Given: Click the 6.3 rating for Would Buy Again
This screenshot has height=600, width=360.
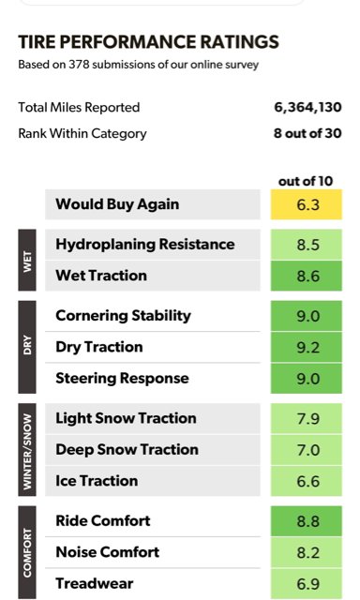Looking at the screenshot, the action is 307,204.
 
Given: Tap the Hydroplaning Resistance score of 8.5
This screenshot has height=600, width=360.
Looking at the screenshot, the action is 307,245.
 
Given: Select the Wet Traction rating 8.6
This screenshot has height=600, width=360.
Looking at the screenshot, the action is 307,277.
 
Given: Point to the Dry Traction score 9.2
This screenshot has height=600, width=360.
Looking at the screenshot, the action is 307,348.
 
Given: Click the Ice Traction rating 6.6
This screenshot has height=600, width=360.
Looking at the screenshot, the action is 307,481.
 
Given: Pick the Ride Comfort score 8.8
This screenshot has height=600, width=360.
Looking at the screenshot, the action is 307,521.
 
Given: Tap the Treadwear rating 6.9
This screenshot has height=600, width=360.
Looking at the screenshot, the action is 307,584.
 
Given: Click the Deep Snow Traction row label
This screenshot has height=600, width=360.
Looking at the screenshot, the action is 127,450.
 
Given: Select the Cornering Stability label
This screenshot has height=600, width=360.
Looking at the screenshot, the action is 123,316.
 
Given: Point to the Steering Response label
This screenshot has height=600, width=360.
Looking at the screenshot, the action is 123,379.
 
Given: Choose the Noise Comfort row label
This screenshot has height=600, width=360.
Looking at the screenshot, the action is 108,552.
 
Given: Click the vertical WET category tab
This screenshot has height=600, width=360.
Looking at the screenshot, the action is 27,261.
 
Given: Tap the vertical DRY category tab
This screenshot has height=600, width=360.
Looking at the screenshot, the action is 27,347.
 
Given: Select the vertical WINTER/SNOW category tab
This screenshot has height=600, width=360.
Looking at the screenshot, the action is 27,450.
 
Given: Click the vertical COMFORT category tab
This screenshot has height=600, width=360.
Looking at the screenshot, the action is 27,552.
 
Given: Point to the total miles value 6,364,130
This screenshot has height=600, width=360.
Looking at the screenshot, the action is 307,108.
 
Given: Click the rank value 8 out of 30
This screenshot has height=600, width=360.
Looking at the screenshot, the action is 307,133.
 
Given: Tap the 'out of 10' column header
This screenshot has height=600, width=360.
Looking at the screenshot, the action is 306,181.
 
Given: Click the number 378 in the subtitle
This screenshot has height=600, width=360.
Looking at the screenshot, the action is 79,65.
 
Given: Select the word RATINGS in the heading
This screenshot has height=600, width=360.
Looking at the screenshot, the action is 240,42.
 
